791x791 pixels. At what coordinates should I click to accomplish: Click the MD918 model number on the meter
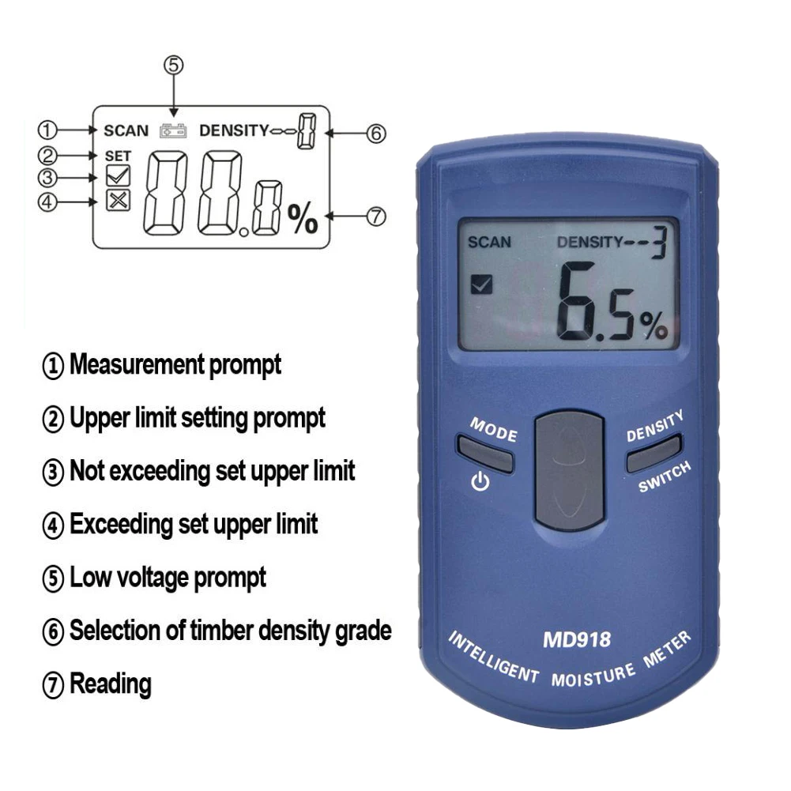576,638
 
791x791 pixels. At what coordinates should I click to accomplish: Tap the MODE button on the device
484,454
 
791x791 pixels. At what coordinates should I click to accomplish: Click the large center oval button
569,469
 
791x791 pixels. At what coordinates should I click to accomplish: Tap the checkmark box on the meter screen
480,284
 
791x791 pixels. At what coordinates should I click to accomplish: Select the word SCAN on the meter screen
489,242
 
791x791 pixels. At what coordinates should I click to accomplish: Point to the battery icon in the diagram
173,130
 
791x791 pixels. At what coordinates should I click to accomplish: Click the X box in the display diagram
119,200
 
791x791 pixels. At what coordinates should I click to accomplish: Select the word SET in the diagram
118,156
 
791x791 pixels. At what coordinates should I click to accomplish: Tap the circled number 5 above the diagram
173,66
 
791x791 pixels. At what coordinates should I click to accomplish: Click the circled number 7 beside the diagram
376,215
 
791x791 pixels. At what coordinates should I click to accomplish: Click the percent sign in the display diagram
302,219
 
